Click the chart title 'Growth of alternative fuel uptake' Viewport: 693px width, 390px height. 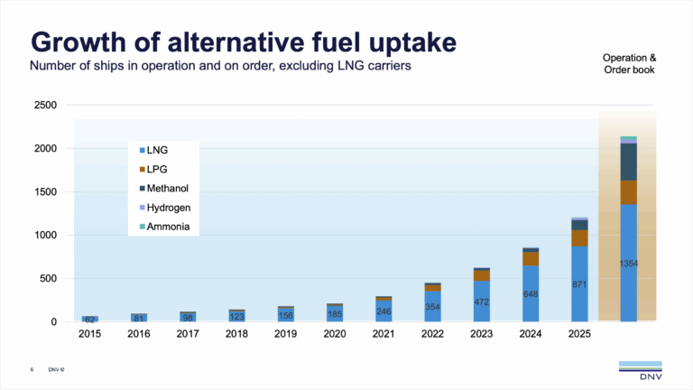coord(243,42)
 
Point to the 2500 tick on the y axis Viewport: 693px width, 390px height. coord(45,106)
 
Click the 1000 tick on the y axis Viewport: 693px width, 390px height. coord(45,236)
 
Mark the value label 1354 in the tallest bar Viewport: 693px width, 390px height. coord(628,263)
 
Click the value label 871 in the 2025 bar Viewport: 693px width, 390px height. coord(579,283)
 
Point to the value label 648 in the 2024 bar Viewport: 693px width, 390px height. coord(531,293)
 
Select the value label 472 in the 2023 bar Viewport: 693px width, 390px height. coord(482,302)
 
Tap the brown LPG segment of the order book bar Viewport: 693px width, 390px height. coord(628,192)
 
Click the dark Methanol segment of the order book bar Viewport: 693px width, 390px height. coord(628,162)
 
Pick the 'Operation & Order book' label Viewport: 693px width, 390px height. coord(629,65)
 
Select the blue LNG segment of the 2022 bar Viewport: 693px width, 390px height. coord(433,307)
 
